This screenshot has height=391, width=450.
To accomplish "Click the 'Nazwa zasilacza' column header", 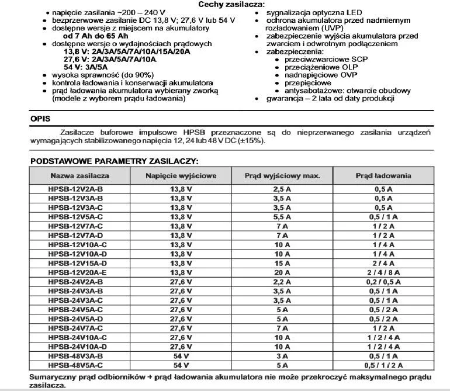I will tap(79, 175).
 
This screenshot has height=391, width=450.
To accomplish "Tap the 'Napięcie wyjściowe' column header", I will tap(181, 175).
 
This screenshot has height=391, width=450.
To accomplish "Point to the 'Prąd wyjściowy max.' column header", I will tap(282, 175).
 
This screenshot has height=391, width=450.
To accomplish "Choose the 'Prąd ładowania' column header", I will tap(383, 175).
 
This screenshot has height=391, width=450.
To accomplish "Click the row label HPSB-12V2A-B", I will tap(77, 189).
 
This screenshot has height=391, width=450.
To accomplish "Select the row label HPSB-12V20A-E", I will tap(77, 272).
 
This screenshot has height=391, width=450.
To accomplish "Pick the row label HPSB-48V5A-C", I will tap(77, 365).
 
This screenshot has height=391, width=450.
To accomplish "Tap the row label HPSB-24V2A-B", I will tap(77, 282).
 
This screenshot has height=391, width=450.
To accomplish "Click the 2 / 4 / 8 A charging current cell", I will tap(383, 272).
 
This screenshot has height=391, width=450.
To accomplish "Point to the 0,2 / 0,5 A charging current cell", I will tap(383, 282).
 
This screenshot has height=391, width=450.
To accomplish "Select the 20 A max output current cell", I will tap(282, 272).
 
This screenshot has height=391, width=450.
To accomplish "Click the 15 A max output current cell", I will tap(282, 263).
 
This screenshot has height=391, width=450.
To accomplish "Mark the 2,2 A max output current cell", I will tap(282, 282).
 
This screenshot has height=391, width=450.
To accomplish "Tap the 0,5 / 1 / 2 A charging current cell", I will tap(383, 365).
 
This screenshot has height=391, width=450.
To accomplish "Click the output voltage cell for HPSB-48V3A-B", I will tap(181, 356).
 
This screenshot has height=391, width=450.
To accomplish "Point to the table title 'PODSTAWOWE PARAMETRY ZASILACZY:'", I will tap(115, 160).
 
